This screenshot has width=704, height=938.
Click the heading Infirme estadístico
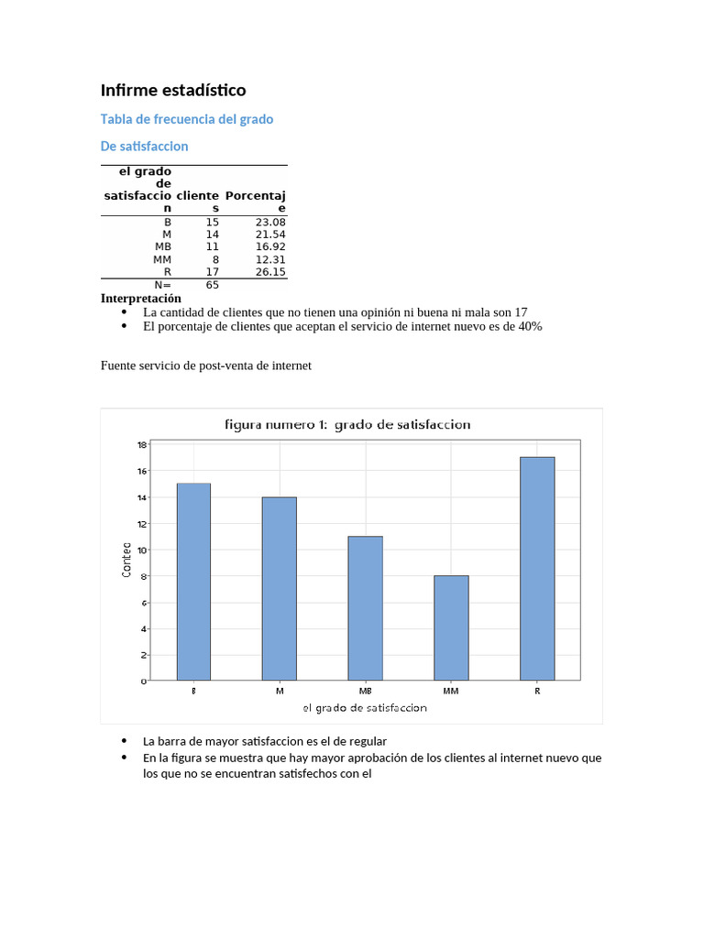(x=173, y=90)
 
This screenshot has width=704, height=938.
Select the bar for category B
(x=193, y=582)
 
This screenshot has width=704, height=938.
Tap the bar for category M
(x=280, y=588)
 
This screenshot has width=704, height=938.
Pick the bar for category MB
(x=365, y=608)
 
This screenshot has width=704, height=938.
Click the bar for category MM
(x=451, y=627)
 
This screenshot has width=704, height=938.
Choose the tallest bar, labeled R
(x=537, y=568)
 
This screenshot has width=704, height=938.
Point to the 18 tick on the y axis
(x=142, y=444)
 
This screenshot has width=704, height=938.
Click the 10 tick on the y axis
(x=142, y=550)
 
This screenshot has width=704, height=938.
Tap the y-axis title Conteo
(x=126, y=561)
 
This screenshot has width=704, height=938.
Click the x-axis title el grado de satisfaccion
(x=364, y=708)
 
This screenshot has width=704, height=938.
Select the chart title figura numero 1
(x=347, y=424)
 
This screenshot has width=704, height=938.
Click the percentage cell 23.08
(x=270, y=222)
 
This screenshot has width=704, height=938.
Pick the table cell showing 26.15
(x=270, y=271)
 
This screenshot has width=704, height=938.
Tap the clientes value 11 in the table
(x=212, y=246)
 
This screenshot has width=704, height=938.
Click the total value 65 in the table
(x=212, y=285)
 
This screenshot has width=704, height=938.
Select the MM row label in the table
(x=162, y=259)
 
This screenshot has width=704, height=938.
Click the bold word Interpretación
(x=140, y=298)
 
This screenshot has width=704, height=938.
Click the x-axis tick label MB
(x=365, y=691)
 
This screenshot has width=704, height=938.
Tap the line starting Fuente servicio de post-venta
(x=206, y=365)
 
